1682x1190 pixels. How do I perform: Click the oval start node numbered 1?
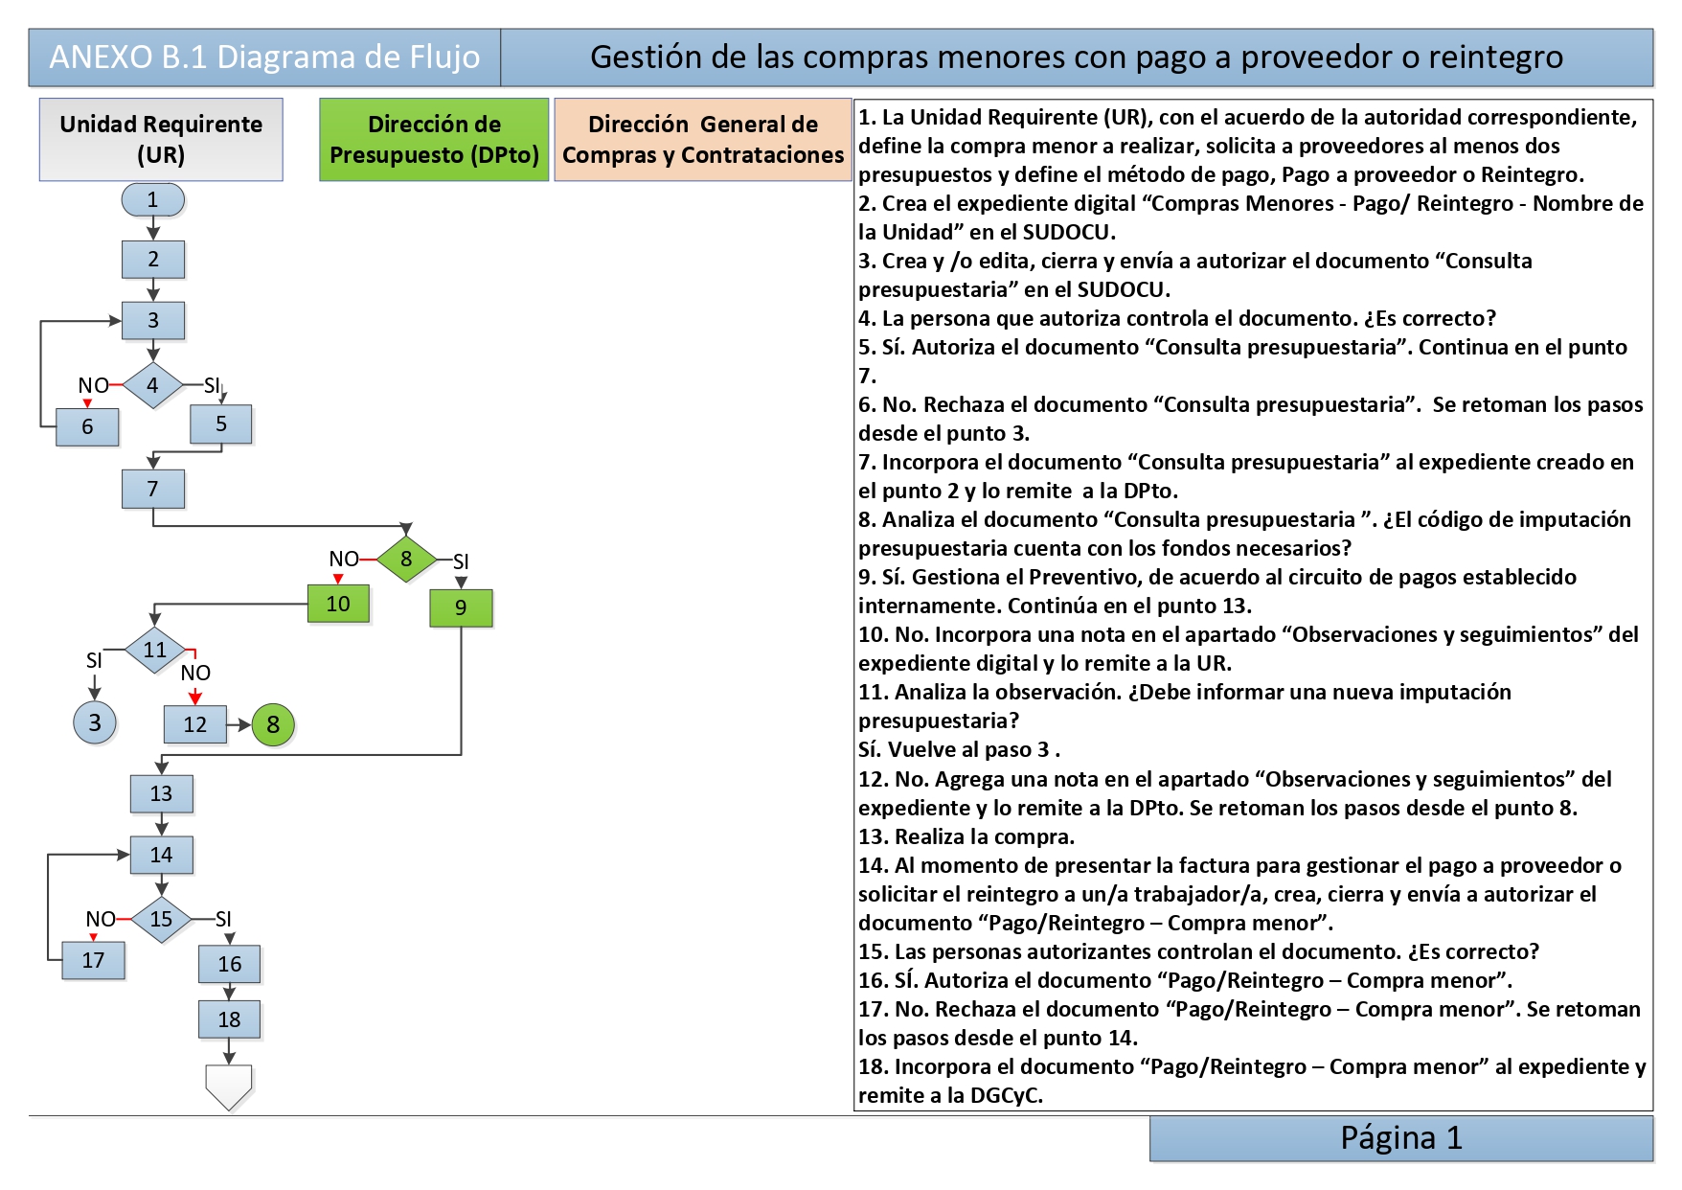[x=152, y=199]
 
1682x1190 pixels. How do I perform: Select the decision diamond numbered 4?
[x=152, y=385]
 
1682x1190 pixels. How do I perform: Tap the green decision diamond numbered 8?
[x=406, y=559]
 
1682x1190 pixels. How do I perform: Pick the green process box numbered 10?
[x=338, y=604]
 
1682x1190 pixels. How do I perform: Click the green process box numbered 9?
[x=461, y=607]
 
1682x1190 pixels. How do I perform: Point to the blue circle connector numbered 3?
[x=95, y=722]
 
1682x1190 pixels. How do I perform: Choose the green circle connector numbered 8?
[x=273, y=724]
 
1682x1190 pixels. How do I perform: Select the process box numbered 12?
[x=195, y=724]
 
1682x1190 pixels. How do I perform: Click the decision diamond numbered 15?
[x=161, y=919]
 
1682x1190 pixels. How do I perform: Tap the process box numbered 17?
[x=93, y=960]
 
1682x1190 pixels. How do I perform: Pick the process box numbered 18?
[x=229, y=1019]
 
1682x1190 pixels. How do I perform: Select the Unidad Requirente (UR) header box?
[x=161, y=139]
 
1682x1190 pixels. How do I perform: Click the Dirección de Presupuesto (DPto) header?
[x=434, y=139]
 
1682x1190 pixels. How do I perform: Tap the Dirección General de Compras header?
[x=703, y=139]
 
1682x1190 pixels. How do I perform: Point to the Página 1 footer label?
[x=1401, y=1138]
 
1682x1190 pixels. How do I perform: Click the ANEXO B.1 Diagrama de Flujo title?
[x=264, y=57]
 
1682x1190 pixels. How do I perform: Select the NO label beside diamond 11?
[x=195, y=673]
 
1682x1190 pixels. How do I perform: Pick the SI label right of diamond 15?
[x=223, y=919]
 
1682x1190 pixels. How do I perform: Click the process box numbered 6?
[x=87, y=426]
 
